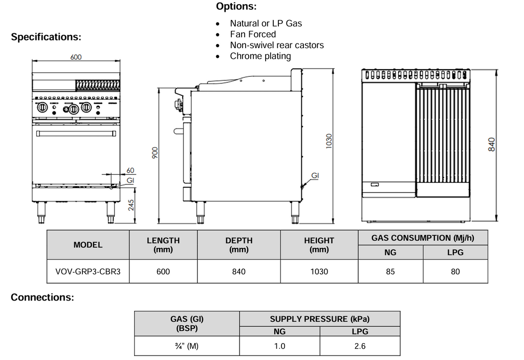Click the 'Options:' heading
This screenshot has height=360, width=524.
236,7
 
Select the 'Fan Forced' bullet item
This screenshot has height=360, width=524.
253,34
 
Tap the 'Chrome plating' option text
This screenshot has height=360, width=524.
260,56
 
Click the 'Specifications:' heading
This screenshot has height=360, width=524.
46,37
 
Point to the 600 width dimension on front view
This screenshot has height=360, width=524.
76,57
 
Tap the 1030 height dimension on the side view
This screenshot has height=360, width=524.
329,141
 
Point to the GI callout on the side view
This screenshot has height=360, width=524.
315,176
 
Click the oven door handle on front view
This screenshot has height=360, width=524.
74,134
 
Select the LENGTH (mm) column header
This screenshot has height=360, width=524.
163,245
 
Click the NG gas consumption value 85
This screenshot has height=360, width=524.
390,272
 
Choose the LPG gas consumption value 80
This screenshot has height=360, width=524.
455,272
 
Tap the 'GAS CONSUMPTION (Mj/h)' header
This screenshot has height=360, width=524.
422,238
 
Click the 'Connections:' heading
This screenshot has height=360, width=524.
42,298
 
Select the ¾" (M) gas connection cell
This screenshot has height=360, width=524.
186,346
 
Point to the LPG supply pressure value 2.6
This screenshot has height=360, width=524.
360,346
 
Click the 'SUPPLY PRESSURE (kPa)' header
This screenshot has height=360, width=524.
319,319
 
